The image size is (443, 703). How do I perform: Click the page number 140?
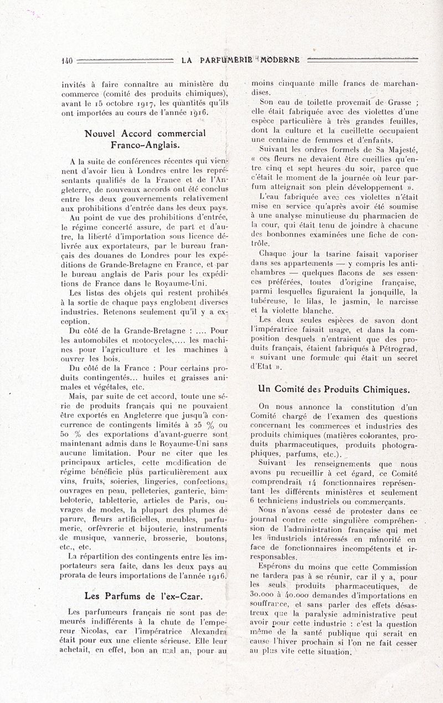click(67, 60)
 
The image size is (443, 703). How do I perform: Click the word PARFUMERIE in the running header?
click(226, 60)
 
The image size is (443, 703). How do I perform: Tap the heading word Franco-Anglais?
click(145, 145)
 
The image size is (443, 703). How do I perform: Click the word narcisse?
click(402, 302)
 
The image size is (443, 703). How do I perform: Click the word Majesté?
click(398, 148)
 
